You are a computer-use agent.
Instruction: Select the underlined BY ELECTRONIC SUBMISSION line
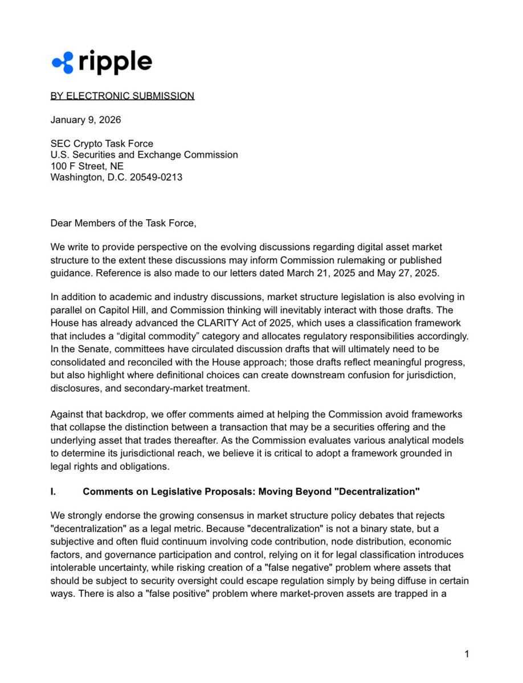pyautogui.click(x=122, y=96)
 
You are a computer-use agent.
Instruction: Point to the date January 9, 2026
pyautogui.click(x=85, y=120)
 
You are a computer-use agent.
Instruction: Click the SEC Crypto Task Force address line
pyautogui.click(x=102, y=144)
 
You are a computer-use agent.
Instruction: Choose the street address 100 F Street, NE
pyautogui.click(x=87, y=166)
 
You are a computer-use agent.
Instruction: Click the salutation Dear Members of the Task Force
pyautogui.click(x=123, y=223)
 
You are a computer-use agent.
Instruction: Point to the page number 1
pyautogui.click(x=467, y=654)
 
